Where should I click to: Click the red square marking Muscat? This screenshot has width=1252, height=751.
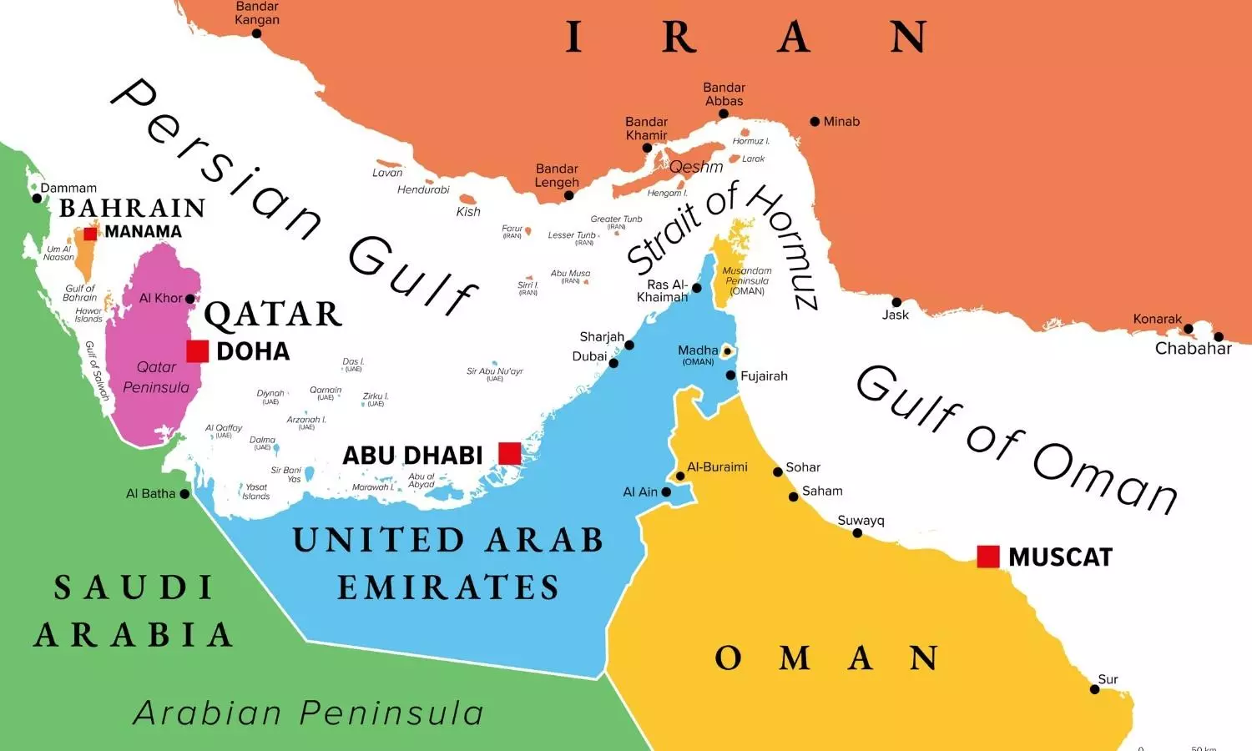pos(988,557)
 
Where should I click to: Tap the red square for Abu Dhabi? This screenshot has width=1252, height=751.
pos(509,453)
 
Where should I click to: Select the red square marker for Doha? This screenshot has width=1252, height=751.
pos(197,351)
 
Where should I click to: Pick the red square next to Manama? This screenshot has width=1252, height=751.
pos(90,234)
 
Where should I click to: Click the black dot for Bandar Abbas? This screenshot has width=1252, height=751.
pos(724,114)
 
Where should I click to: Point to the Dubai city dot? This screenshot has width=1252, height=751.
pos(613,363)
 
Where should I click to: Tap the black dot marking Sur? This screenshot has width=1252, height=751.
pos(1095,689)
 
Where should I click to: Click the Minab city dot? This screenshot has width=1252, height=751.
pos(815,122)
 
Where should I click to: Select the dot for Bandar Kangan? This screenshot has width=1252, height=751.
pos(256,33)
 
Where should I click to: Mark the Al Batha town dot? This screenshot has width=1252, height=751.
pos(184,494)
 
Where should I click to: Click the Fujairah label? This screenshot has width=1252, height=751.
pos(764,376)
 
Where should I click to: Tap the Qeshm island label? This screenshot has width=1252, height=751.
pos(696,167)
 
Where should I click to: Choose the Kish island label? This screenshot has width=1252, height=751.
pos(468,212)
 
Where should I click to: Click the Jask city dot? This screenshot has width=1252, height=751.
pos(896,302)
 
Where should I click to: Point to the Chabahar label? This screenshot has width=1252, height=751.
pos(1193,349)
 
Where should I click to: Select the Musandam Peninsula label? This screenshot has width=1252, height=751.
pos(747,280)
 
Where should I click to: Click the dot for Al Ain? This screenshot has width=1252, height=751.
pos(666,492)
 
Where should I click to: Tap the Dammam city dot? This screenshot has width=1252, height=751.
pos(37,199)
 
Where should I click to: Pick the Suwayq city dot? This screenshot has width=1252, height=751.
pos(857,533)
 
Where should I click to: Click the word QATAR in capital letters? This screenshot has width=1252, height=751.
pos(273,315)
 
